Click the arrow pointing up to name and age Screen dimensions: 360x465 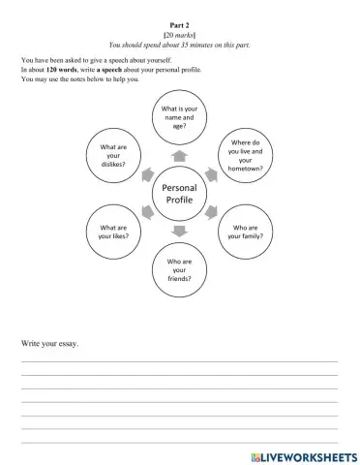pyautogui.click(x=180, y=156)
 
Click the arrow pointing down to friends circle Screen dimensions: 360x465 pyautogui.click(x=180, y=230)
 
